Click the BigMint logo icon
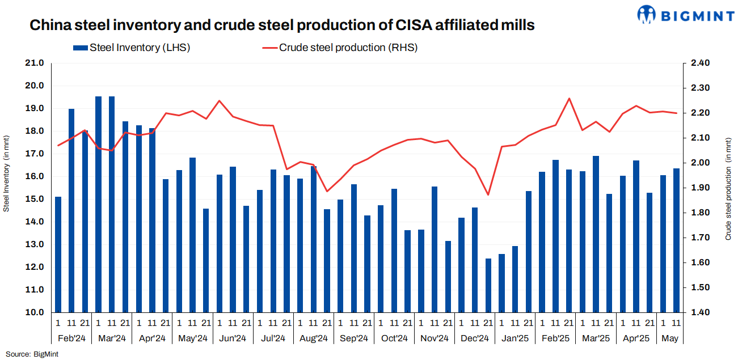pos(646,15)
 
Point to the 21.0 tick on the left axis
pos(35,63)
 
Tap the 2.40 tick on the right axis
pos(701,63)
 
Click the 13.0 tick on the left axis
pos(35,244)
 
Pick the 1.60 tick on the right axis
pos(701,262)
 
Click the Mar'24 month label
pos(112,338)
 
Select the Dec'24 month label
pos(475,338)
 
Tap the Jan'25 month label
pos(515,338)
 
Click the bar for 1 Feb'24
pos(58,255)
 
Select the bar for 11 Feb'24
pos(71,210)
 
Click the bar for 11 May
pos(676,240)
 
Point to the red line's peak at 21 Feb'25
pos(569,98)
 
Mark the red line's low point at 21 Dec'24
pos(488,195)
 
